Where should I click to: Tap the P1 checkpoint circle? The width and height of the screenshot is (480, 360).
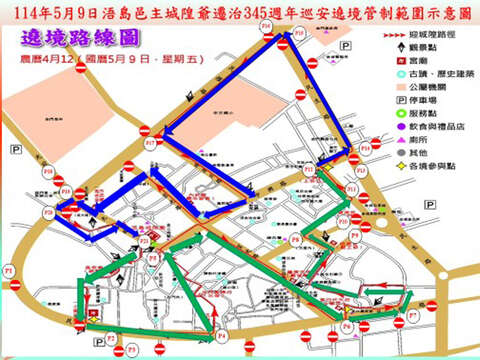[9, 272]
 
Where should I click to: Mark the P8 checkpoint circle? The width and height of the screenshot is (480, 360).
[294, 241]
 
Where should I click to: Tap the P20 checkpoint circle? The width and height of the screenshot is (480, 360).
[48, 212]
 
